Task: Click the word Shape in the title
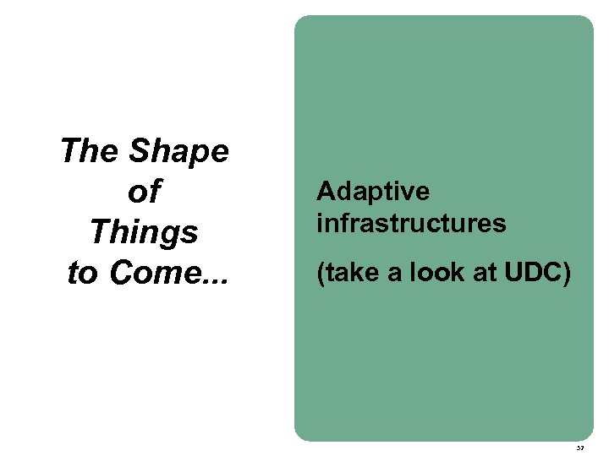pos(178,152)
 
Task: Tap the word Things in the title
pos(144,232)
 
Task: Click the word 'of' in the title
pos(143,193)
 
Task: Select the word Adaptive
pos(373,193)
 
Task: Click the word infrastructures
pos(411,224)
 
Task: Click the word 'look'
pos(428,273)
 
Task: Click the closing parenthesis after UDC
pos(564,273)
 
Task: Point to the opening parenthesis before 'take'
pos(321,273)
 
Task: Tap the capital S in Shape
pos(139,152)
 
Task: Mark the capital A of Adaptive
pos(326,192)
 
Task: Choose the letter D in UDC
pos(528,273)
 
